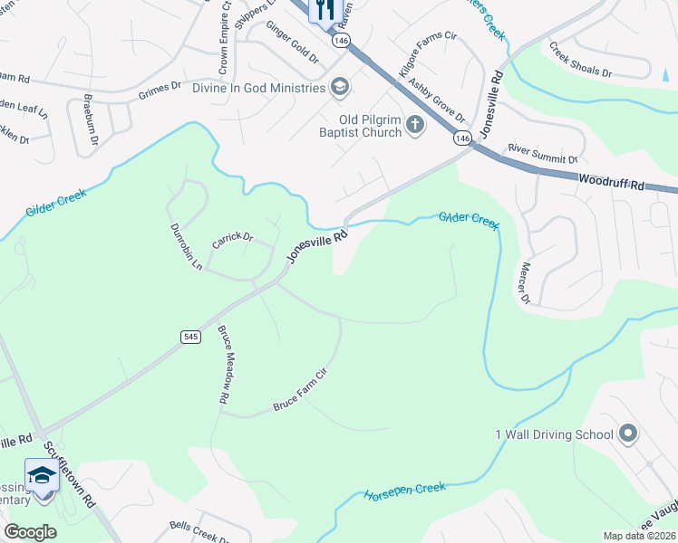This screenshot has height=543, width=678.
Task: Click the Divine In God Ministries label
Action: (x=258, y=88)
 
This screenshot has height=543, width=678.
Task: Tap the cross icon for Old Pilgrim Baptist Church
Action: (x=415, y=125)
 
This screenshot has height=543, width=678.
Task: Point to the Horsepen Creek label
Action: (x=405, y=491)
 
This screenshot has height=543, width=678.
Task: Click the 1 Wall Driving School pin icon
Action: (x=627, y=434)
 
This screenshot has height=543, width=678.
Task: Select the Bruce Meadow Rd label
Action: (x=224, y=365)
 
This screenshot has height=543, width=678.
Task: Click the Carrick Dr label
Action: (x=231, y=237)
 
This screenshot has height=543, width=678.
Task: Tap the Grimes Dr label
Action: (x=160, y=91)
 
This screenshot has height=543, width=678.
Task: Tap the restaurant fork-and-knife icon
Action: (x=324, y=10)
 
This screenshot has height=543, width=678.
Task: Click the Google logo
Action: (x=30, y=532)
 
